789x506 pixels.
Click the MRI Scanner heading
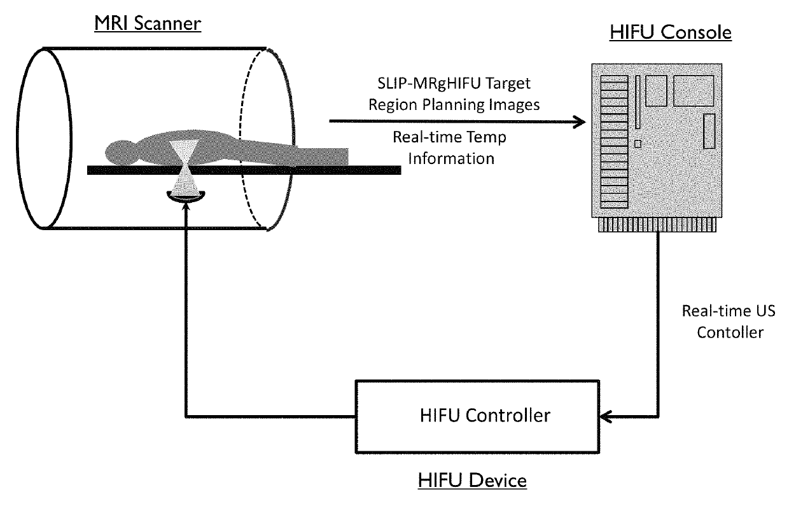[148, 24]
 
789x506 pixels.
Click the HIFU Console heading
[671, 32]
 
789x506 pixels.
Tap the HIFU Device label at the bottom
[472, 481]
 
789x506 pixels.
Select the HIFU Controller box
[477, 416]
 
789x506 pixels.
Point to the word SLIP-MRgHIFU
[429, 84]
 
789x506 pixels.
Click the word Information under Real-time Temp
[451, 159]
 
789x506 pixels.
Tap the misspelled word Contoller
[730, 332]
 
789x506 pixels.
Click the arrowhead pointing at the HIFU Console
[579, 122]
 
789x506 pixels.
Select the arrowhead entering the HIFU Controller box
[606, 416]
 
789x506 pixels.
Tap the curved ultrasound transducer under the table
[186, 197]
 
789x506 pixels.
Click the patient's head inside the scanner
[120, 153]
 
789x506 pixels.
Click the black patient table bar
[244, 170]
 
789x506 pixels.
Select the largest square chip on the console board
[694, 90]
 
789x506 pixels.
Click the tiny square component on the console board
[638, 144]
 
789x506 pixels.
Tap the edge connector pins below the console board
[657, 225]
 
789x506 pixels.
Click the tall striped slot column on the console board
[614, 142]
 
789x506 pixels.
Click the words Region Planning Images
[454, 105]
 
